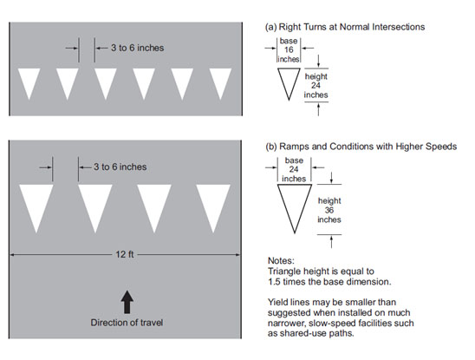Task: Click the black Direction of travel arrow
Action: tap(127, 302)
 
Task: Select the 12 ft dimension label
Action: tap(125, 254)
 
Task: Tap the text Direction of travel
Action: tap(127, 323)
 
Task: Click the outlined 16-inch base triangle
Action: tap(289, 82)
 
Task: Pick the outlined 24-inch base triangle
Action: tap(295, 206)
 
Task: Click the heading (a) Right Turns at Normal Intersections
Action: tap(345, 27)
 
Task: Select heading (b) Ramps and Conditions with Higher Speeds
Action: tap(361, 147)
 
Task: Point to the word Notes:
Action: tap(281, 260)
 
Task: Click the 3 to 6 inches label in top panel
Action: tap(137, 48)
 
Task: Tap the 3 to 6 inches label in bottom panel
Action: tap(120, 167)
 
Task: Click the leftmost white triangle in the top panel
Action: tap(29, 82)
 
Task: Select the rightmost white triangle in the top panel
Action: tap(220, 82)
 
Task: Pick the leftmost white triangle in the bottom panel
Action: tap(36, 206)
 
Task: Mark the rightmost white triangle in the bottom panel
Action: tap(213, 206)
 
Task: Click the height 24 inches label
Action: tap(316, 86)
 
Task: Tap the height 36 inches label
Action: tap(329, 210)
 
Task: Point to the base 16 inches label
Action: tap(289, 50)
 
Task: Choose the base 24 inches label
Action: tap(294, 169)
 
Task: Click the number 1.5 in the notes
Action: tap(274, 282)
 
